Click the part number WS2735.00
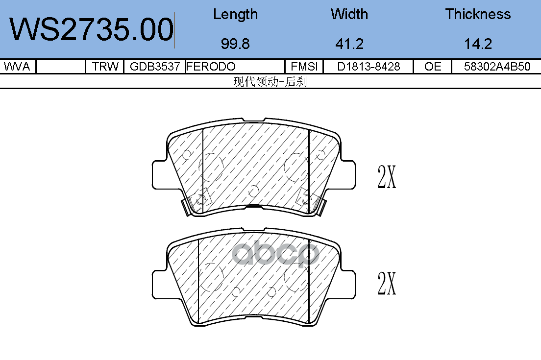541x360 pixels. coord(92,29)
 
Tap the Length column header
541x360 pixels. coord(235,15)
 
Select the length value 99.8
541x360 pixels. coord(235,44)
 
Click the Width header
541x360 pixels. coord(349,14)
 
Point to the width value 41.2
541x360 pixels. coord(349,44)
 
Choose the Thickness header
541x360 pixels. coord(478,14)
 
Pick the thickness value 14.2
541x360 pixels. coord(478,44)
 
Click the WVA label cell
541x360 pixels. coord(17,66)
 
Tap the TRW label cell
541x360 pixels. coord(105,66)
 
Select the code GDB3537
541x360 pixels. coord(154,66)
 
